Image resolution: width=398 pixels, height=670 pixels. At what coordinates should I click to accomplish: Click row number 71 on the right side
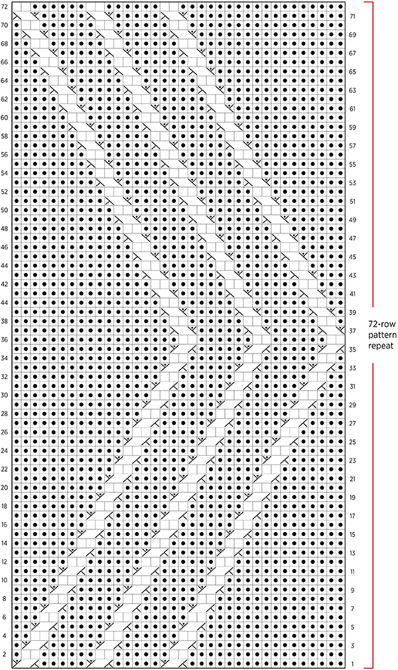(353, 16)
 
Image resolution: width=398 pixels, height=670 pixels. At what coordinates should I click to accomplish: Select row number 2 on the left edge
(4, 654)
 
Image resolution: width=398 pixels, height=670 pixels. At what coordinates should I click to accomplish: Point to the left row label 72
(4, 7)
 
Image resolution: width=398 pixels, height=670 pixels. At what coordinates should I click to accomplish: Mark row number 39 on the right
(353, 312)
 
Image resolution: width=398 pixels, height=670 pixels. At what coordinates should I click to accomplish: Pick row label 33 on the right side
(353, 368)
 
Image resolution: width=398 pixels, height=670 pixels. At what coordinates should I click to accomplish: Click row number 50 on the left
(4, 210)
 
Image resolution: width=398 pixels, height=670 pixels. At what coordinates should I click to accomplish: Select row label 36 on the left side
(4, 340)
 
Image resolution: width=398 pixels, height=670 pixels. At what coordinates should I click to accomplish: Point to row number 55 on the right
(353, 164)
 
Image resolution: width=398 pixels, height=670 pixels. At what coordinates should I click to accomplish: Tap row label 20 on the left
(4, 488)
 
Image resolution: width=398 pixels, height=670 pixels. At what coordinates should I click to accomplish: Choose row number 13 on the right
(353, 553)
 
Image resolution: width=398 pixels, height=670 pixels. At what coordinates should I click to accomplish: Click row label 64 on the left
(4, 81)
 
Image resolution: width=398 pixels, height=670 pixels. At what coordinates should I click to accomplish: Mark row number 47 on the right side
(353, 238)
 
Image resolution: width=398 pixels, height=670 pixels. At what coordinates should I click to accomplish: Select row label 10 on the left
(4, 580)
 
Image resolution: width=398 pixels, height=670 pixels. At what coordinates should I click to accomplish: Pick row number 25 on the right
(353, 442)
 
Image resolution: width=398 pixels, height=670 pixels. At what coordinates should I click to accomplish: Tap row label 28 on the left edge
(4, 414)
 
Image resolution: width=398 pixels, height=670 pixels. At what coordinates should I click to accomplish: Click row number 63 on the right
(353, 90)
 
